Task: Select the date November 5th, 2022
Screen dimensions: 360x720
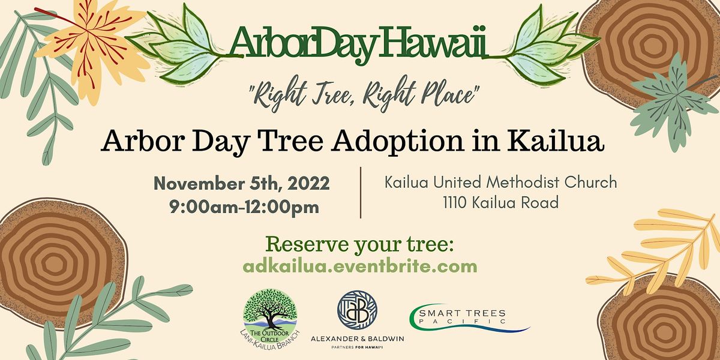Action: (241, 183)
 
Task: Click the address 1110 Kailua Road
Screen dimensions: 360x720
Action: (500, 203)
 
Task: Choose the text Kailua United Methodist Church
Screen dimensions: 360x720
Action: (500, 181)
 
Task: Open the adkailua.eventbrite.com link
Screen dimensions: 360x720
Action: (360, 266)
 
